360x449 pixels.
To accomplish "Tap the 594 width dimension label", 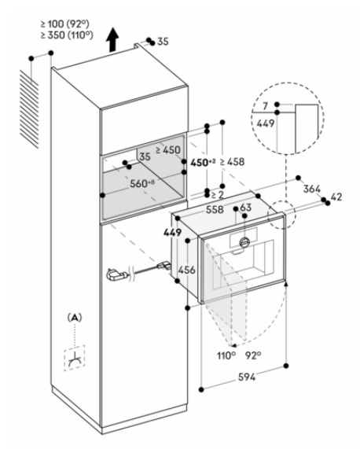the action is coord(247,377).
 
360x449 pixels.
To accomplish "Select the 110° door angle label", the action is coord(226,355).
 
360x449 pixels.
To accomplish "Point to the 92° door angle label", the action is coord(253,355).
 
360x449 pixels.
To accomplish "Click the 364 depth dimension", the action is coord(312,189).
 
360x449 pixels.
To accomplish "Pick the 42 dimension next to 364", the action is coord(336,197).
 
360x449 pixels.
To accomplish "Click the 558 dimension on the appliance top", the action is coord(215,210).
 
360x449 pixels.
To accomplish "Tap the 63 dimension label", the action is coord(245,208).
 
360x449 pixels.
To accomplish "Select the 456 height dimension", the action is coord(186,270).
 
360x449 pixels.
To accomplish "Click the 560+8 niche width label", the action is coord(142,183).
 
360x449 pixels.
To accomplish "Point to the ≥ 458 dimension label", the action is coord(233,162).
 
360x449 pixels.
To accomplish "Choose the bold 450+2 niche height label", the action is coord(203,162).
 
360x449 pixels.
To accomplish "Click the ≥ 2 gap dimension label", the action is coord(217,195).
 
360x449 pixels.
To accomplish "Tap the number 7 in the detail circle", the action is coord(265,106).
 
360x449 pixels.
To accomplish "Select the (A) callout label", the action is coord(75,318).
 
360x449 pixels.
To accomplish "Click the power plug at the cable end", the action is coord(116,275).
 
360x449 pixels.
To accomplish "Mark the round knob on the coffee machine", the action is coord(244,242).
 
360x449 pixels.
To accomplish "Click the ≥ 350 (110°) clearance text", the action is coord(67,35).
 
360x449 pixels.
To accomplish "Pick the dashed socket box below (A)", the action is coord(75,358).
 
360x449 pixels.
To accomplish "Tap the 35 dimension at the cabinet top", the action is coord(163,42).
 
